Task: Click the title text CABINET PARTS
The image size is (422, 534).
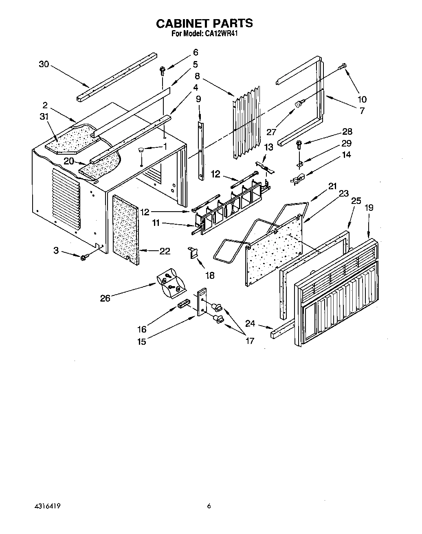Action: (x=204, y=23)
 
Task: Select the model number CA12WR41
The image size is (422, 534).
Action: (x=220, y=34)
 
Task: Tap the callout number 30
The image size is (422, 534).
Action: (x=44, y=64)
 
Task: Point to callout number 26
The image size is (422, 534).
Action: (x=105, y=298)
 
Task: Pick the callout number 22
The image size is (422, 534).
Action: (x=165, y=251)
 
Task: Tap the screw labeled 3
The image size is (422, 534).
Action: (x=84, y=257)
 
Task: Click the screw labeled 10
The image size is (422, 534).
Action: (x=343, y=66)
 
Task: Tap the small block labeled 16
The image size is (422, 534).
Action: (x=184, y=304)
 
